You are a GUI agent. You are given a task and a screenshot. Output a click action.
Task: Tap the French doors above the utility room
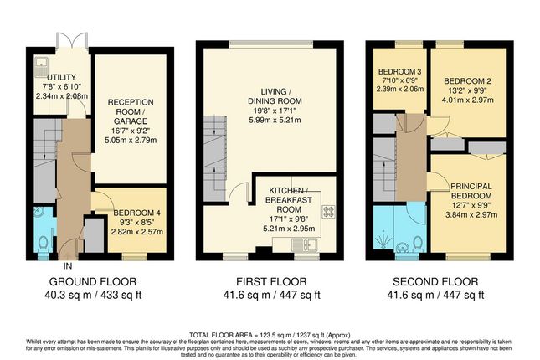click(66, 40)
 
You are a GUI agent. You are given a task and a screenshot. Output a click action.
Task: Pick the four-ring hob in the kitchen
click(328, 214)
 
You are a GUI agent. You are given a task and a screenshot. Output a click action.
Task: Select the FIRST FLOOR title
click(270, 281)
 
